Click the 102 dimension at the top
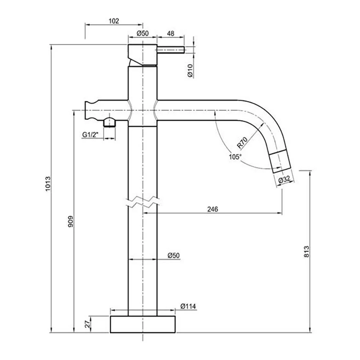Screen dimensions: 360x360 coord(113,21)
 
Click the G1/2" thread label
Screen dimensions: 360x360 coord(90,135)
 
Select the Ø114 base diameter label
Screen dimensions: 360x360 coord(188,306)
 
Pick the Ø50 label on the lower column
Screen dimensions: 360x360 coord(174,256)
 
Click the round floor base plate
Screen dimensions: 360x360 coord(143,324)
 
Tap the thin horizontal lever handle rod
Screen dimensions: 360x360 coord(171,50)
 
